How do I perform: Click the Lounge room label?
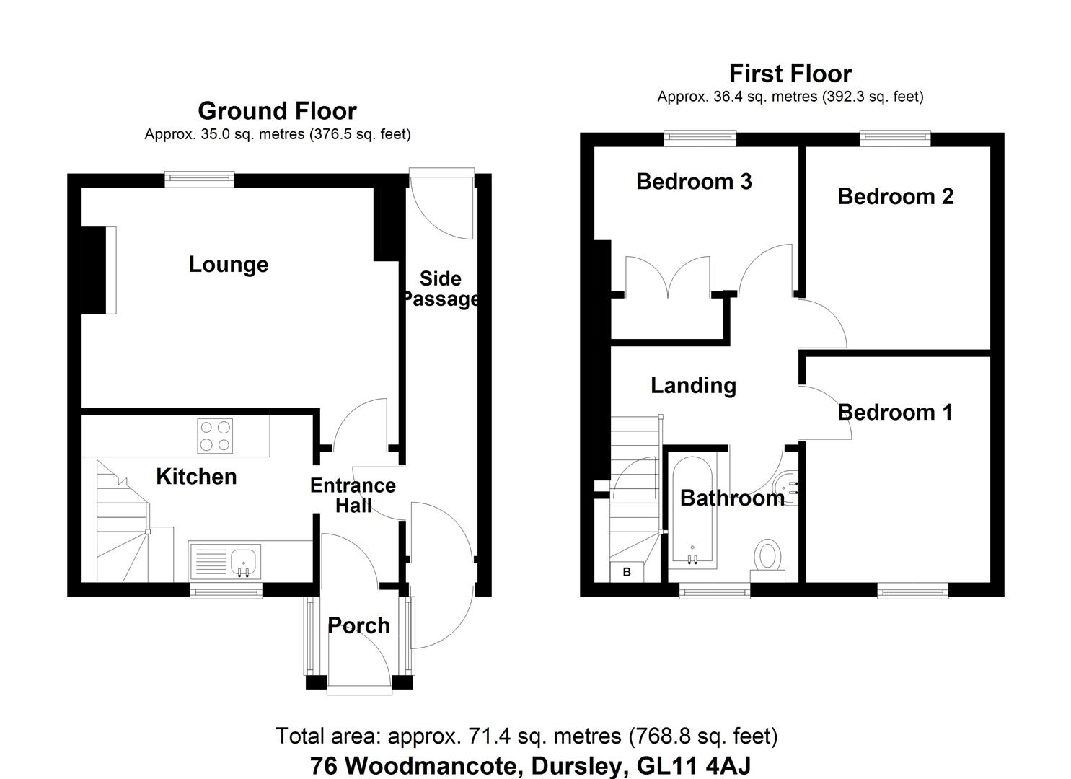229,265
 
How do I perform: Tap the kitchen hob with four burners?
215,436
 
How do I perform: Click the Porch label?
358,625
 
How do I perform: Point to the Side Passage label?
440,289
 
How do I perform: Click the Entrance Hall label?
353,495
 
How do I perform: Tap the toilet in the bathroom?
768,557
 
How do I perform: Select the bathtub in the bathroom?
692,509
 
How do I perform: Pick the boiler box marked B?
627,572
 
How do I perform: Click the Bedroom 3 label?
694,181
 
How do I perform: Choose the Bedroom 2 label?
895,196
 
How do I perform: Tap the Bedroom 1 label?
895,412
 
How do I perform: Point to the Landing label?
693,385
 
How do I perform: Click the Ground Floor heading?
277,111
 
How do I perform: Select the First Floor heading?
790,74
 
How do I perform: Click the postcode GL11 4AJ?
695,765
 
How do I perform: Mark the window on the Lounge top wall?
200,179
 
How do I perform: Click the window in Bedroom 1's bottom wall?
912,591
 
